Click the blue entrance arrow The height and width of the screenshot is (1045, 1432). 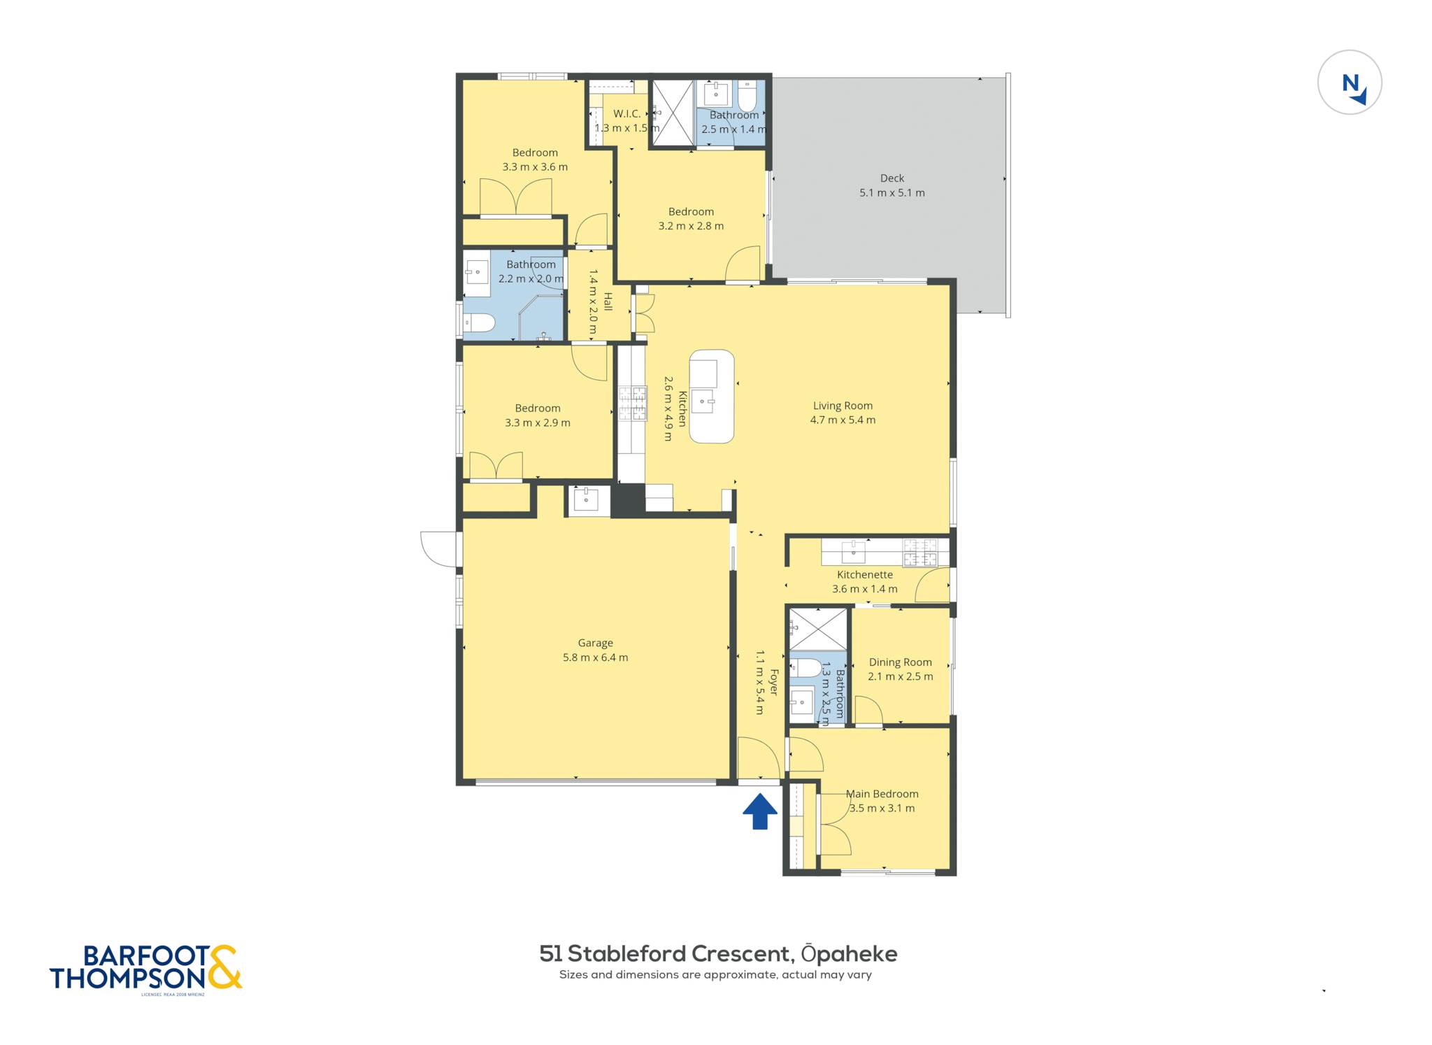coord(759,811)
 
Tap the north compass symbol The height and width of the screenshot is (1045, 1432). coord(1349,83)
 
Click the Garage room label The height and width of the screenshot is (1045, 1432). coord(595,643)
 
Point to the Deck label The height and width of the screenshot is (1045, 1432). coord(892,178)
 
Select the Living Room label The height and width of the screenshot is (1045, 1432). coord(843,406)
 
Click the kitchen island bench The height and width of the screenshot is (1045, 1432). coord(712,396)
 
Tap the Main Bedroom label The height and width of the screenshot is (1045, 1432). coord(882,794)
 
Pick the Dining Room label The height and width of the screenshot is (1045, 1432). coord(900,662)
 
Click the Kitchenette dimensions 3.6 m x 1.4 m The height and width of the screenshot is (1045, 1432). coord(864,589)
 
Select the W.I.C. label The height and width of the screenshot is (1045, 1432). coord(626,113)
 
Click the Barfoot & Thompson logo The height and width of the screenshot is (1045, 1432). coord(145,969)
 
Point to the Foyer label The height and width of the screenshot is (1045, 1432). coord(773,682)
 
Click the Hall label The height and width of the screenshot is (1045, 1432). coord(608,301)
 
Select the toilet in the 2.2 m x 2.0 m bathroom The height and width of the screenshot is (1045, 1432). coord(480,322)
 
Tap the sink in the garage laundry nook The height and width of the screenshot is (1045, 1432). coord(586,499)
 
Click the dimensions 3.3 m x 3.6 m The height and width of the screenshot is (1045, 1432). coord(535,167)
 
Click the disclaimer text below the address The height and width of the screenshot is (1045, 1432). coord(715,974)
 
